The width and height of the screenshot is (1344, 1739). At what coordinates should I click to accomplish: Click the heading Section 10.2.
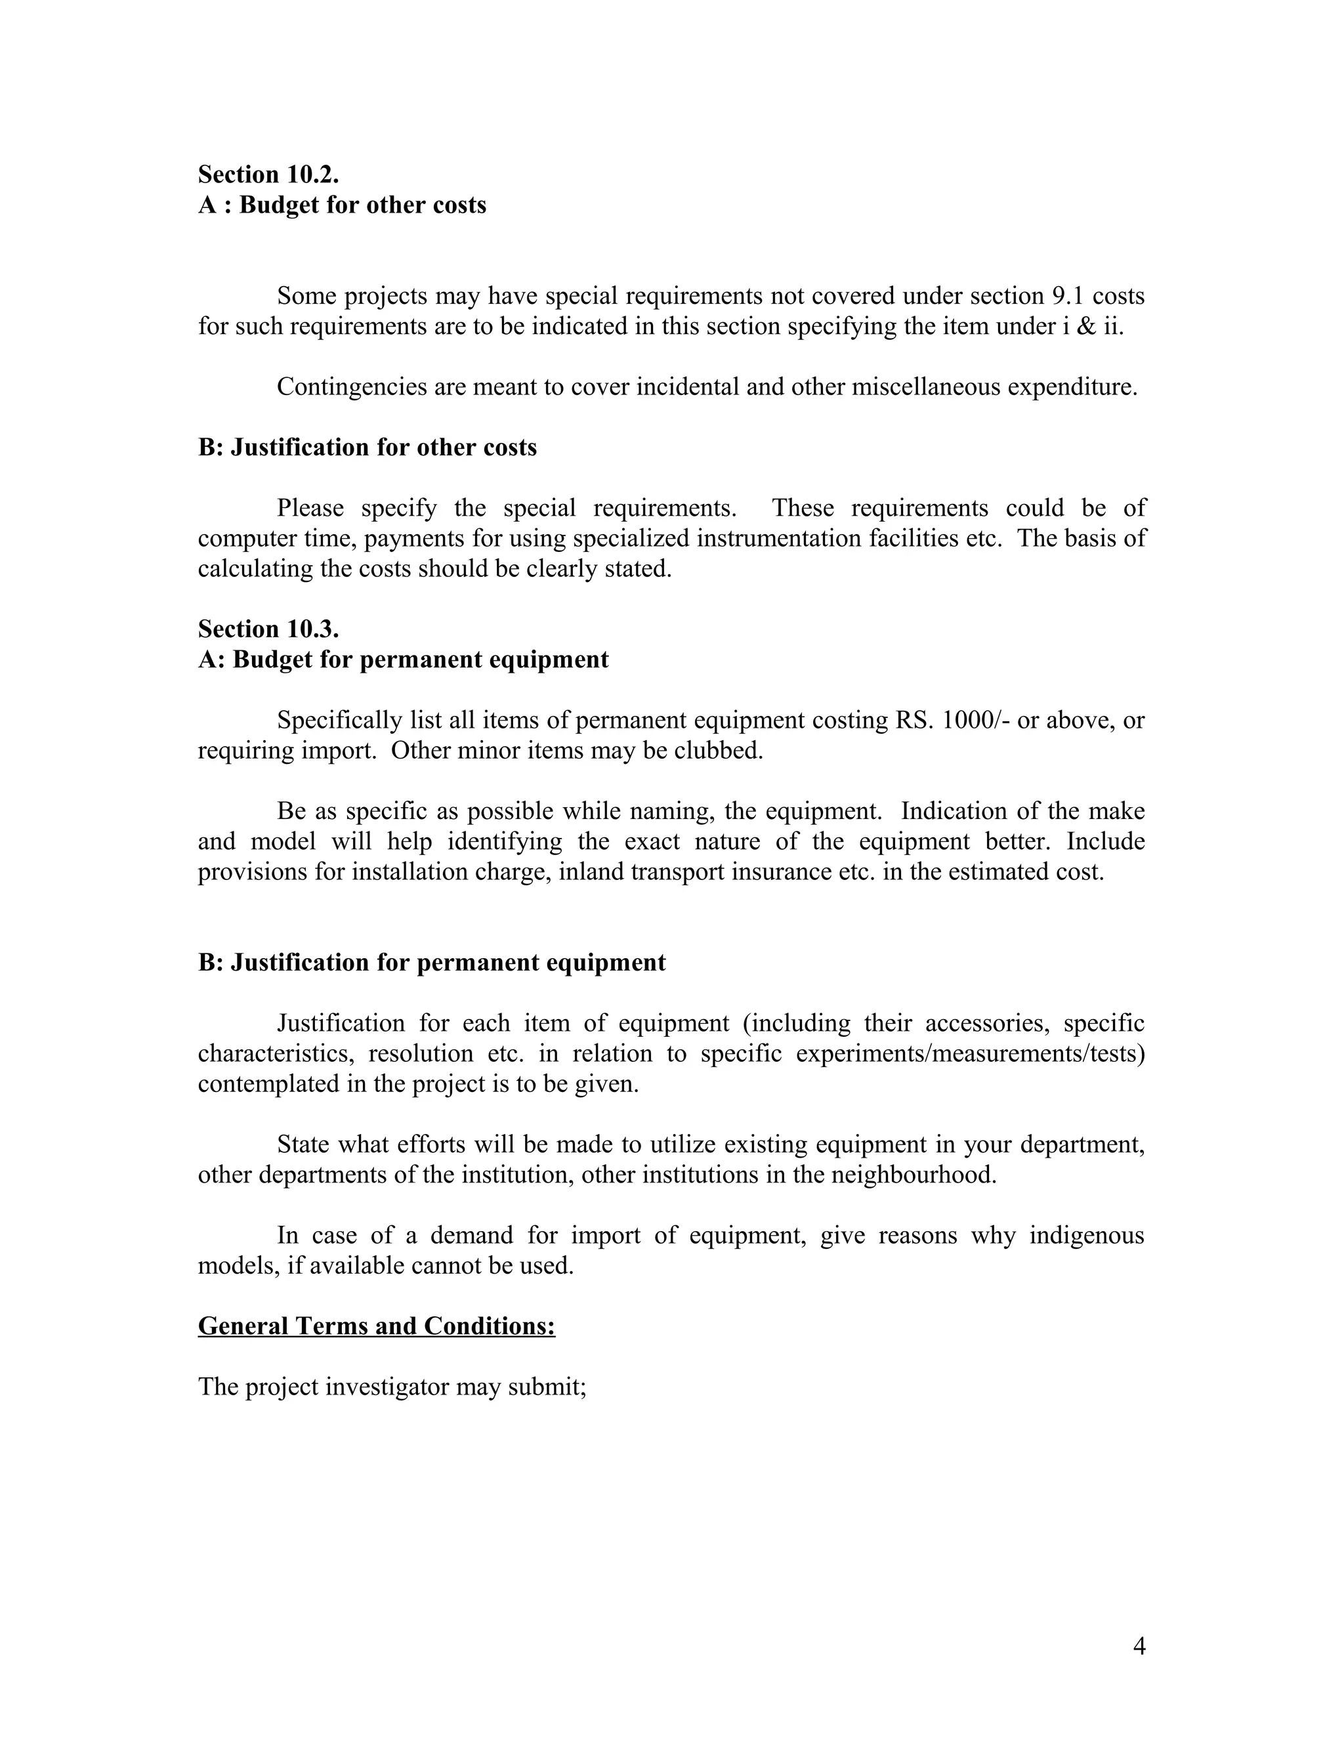coord(268,175)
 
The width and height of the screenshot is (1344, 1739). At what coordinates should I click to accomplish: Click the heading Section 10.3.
coord(268,629)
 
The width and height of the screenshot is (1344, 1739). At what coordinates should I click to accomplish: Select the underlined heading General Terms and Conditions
coord(376,1326)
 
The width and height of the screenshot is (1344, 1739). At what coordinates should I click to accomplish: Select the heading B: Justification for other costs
coord(367,448)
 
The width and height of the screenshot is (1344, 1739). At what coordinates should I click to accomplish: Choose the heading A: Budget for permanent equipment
coord(403,660)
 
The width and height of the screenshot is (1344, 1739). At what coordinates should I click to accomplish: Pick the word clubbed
coord(721,751)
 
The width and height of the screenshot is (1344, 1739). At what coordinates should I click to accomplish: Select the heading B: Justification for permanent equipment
coord(432,963)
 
